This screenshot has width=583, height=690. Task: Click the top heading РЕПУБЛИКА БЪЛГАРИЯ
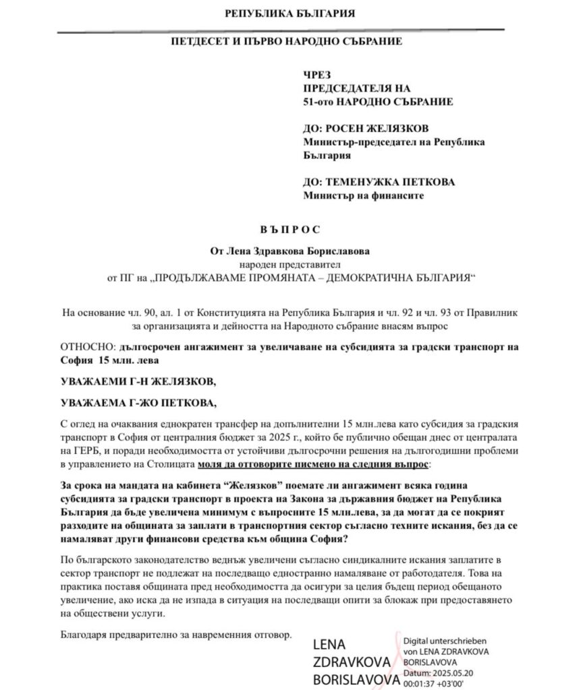(290, 13)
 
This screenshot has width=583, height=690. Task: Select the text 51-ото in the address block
(320, 102)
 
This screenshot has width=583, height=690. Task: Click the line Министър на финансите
(364, 196)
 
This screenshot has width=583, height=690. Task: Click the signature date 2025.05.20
(457, 672)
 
